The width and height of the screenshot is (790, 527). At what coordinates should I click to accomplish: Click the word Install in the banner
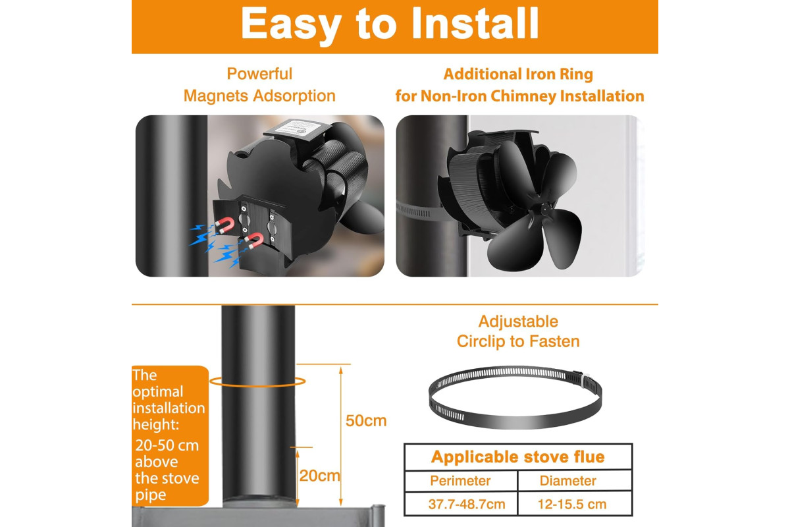pyautogui.click(x=475, y=23)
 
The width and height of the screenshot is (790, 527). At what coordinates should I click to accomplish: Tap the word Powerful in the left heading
pyautogui.click(x=259, y=74)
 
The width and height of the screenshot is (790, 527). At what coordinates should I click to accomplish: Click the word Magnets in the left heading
pyautogui.click(x=216, y=96)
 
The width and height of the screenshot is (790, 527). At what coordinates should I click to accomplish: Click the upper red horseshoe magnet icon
pyautogui.click(x=225, y=225)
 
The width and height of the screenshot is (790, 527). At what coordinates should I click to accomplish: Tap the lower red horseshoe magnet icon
pyautogui.click(x=254, y=241)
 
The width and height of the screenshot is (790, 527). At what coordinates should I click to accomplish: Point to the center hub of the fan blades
pyautogui.click(x=545, y=209)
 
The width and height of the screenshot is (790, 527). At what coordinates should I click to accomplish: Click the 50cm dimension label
pyautogui.click(x=366, y=421)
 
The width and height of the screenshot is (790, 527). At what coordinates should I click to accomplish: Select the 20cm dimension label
pyautogui.click(x=319, y=476)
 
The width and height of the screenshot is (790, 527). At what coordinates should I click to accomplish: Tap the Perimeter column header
pyautogui.click(x=460, y=481)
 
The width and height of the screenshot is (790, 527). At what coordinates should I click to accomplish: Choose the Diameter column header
pyautogui.click(x=567, y=481)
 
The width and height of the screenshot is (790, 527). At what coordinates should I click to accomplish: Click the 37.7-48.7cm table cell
pyautogui.click(x=467, y=504)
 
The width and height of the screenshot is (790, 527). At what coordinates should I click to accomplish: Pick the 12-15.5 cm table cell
pyautogui.click(x=572, y=504)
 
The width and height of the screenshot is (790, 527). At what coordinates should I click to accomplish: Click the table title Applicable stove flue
pyautogui.click(x=517, y=457)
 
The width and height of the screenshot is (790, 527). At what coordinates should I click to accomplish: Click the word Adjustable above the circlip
pyautogui.click(x=518, y=321)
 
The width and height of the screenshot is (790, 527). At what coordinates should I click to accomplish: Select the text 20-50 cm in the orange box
pyautogui.click(x=167, y=445)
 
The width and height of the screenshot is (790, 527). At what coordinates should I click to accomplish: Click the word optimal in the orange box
pyautogui.click(x=158, y=392)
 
